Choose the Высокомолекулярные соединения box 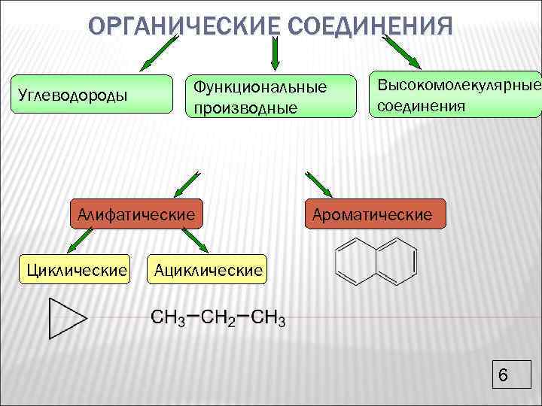(x=455, y=95)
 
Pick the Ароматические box (x=374, y=214)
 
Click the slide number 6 (x=504, y=375)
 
